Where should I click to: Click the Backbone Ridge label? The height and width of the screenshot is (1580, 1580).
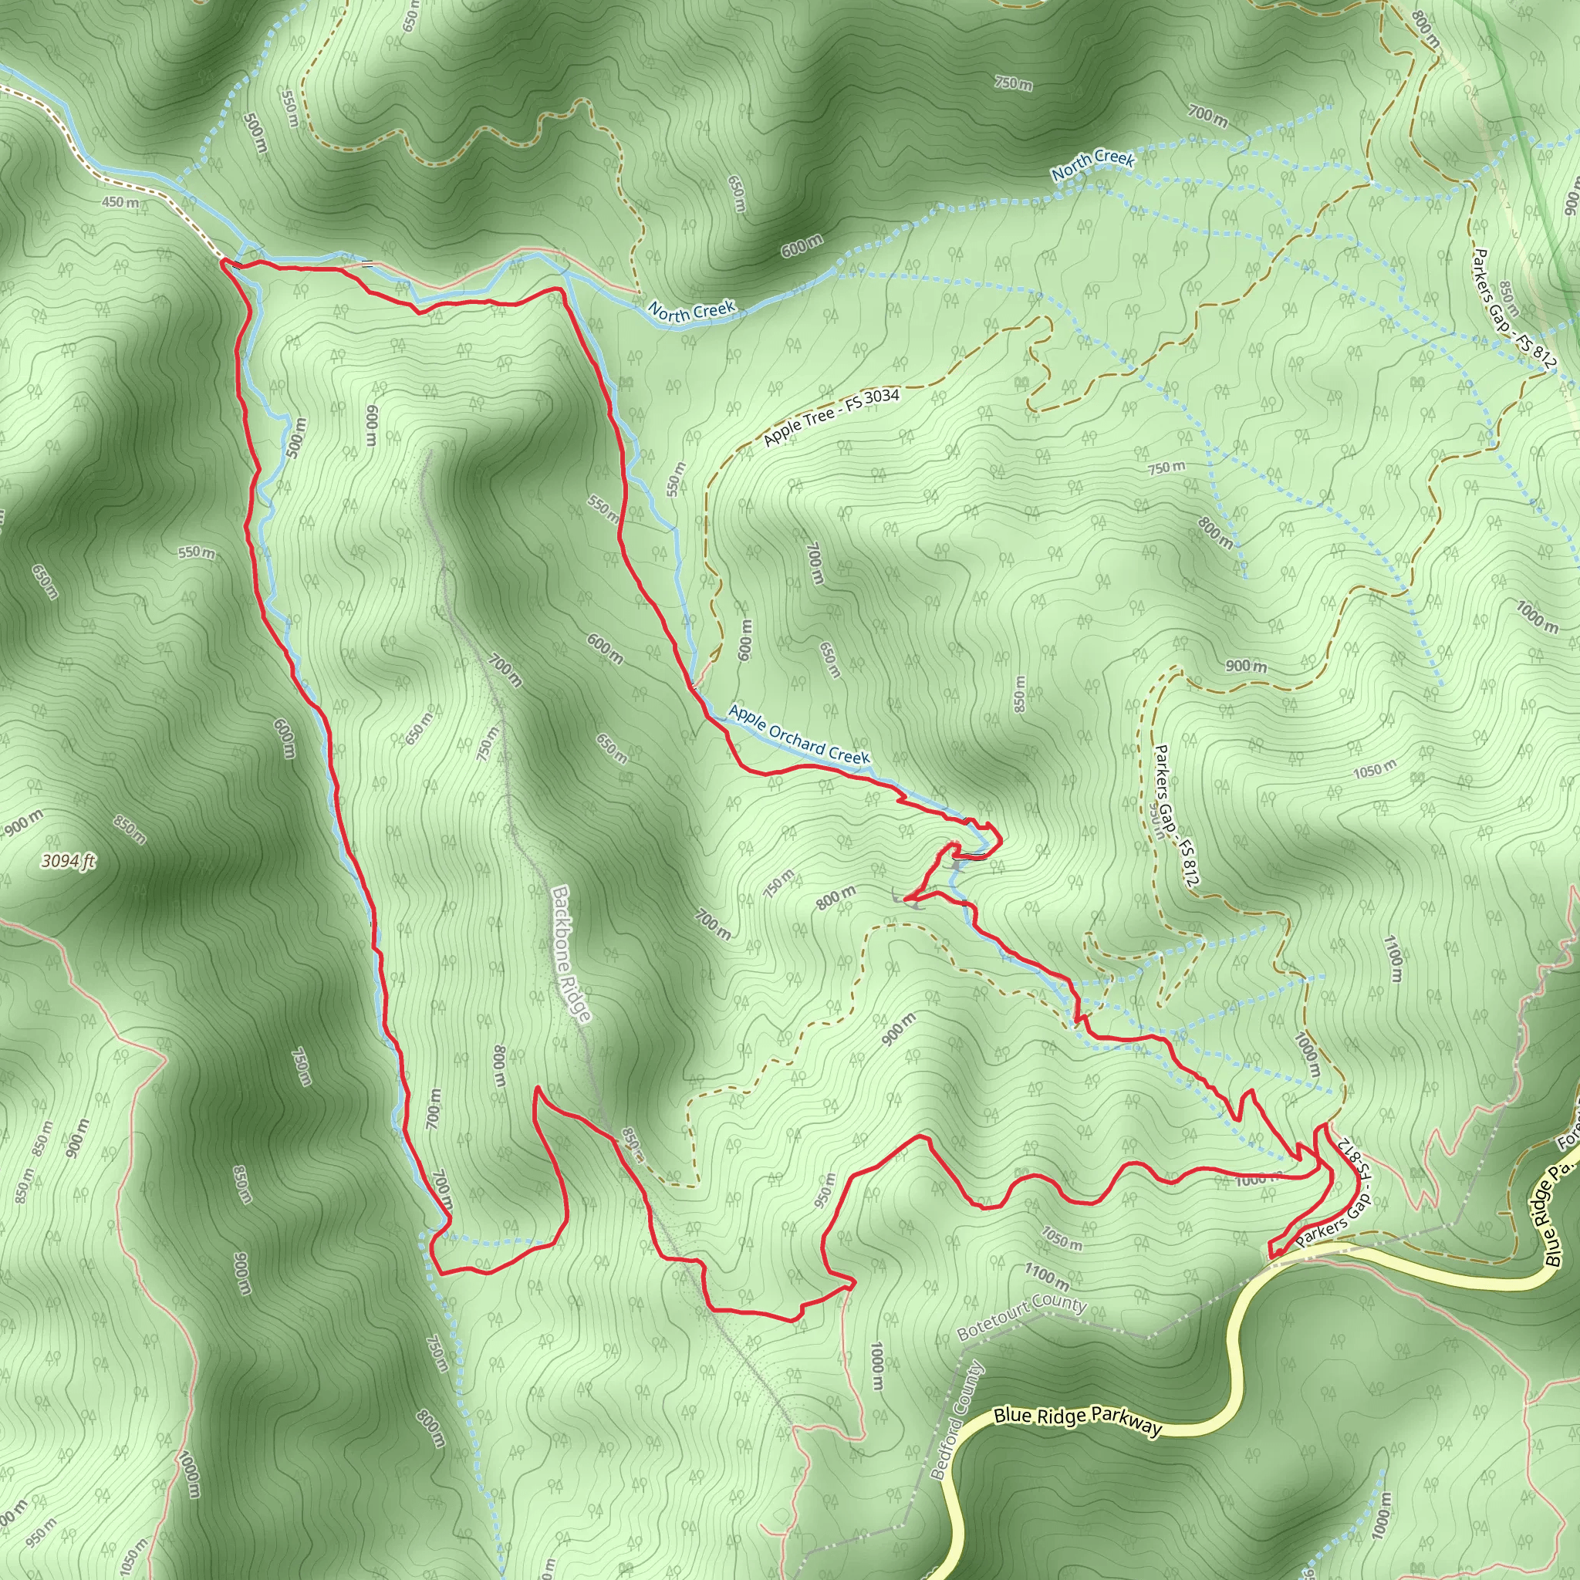point(570,954)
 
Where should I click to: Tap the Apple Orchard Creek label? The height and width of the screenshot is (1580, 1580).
point(799,734)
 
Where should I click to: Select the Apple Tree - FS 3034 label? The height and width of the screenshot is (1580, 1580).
point(831,417)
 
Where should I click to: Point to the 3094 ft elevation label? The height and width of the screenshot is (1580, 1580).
point(69,860)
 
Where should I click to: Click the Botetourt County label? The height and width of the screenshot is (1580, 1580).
point(1021,1318)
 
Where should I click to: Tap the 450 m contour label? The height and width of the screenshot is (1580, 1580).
point(120,202)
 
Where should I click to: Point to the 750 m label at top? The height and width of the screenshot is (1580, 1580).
point(1013,83)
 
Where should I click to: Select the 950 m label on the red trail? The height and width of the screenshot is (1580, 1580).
point(825,1190)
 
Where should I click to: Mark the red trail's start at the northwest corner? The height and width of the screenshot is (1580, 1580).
point(223,262)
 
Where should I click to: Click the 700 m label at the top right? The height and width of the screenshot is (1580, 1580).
point(1207,117)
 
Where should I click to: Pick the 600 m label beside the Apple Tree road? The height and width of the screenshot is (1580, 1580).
point(744,640)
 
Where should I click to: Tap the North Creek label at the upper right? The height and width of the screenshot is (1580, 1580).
point(1092,165)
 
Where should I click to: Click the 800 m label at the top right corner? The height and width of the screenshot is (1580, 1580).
point(1425,29)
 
